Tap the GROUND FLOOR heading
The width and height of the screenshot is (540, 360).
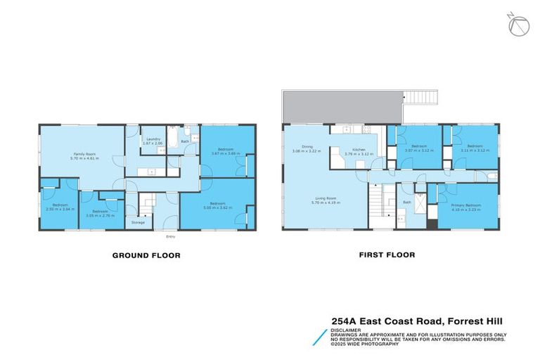tap(146, 255)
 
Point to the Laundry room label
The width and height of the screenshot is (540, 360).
tap(154, 139)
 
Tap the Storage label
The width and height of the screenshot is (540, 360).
tap(138, 222)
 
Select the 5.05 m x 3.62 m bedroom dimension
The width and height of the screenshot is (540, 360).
tap(217, 208)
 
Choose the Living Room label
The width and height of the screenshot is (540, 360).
tap(325, 199)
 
